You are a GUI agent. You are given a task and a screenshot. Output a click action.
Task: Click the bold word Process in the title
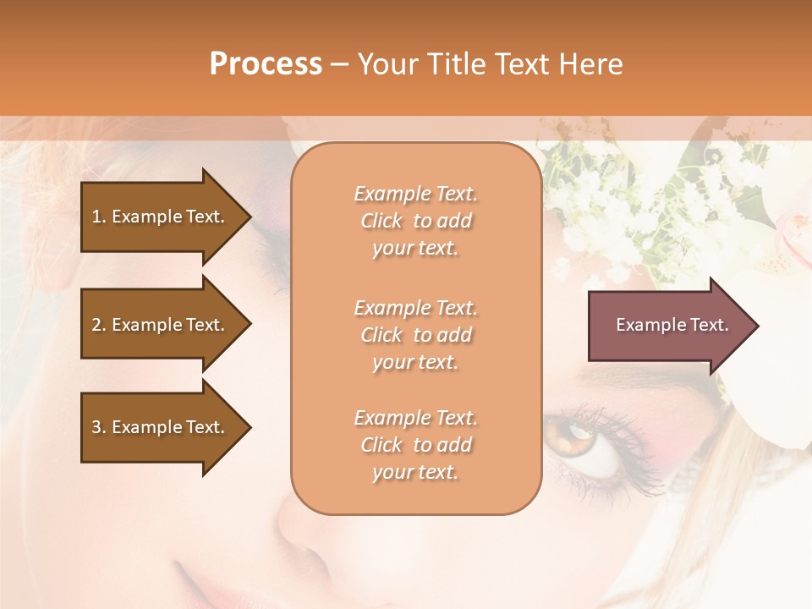point(266,64)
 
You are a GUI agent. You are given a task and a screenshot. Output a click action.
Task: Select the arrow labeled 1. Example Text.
point(161,217)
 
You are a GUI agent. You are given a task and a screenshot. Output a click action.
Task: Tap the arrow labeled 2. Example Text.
point(161,325)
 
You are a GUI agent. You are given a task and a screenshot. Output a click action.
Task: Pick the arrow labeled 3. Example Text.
point(161,427)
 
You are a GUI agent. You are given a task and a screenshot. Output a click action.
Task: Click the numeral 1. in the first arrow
point(99,217)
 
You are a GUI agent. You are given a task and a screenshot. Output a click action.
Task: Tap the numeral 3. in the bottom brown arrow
point(99,427)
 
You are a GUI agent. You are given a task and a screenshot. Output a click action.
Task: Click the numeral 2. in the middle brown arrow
point(99,325)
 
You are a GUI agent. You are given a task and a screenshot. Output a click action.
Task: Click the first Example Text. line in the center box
point(415,194)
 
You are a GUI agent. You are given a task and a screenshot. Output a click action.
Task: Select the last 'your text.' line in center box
point(415,472)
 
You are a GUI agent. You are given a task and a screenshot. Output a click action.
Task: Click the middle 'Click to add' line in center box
point(415,335)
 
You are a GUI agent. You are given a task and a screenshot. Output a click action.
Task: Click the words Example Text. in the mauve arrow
point(672,325)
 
